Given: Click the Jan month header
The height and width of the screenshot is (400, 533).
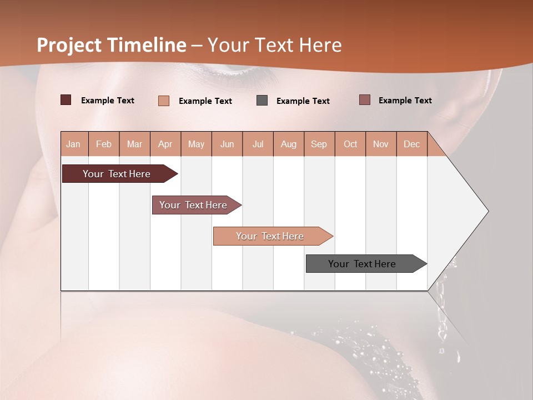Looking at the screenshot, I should click(x=73, y=144).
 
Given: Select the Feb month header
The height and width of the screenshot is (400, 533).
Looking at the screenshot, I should click(x=104, y=144).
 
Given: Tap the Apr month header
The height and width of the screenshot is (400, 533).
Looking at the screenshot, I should click(x=165, y=144).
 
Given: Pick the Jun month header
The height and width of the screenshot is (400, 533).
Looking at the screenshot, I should click(x=227, y=144).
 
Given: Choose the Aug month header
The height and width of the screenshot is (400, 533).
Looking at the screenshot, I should click(x=288, y=144).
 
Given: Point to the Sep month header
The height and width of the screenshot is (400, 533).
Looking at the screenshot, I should click(x=319, y=144).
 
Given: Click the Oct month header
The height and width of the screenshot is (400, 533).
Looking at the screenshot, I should click(x=350, y=144).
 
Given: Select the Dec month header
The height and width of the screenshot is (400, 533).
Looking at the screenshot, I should click(x=411, y=144).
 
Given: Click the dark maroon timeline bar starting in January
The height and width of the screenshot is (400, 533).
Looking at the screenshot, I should click(x=117, y=174).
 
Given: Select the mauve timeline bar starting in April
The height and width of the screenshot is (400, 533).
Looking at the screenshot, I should click(x=194, y=205).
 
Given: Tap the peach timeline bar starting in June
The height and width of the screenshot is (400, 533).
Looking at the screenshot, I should click(x=270, y=236).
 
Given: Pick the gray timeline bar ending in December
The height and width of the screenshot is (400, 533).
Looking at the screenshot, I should click(x=363, y=264).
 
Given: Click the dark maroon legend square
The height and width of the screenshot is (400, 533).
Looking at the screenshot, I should click(x=66, y=100).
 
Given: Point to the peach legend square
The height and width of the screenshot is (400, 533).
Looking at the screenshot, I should click(x=164, y=101).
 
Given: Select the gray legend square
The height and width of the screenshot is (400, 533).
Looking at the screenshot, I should click(x=262, y=101).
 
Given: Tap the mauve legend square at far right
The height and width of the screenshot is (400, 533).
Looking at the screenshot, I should click(x=364, y=100).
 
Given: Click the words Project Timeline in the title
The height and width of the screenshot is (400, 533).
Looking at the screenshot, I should click(x=112, y=45).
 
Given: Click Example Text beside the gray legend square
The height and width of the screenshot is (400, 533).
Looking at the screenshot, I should click(x=303, y=101).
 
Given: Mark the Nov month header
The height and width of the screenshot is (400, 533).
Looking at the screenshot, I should click(x=381, y=144).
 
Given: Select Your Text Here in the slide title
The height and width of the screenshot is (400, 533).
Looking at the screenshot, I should click(x=274, y=45).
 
